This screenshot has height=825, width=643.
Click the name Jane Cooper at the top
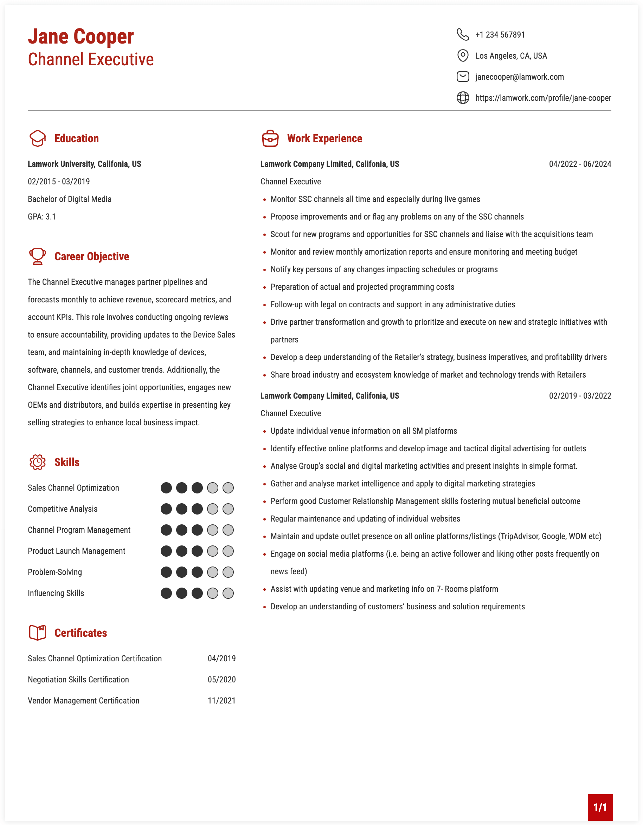pyautogui.click(x=81, y=37)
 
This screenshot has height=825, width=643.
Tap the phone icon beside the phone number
pyautogui.click(x=463, y=34)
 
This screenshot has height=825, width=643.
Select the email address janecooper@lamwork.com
pyautogui.click(x=519, y=77)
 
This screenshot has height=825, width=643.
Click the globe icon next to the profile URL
pyautogui.click(x=463, y=98)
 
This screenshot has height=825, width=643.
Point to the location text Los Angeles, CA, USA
pyautogui.click(x=511, y=56)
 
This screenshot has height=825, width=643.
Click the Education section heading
pyautogui.click(x=76, y=139)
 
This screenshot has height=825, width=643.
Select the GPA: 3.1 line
pyautogui.click(x=41, y=217)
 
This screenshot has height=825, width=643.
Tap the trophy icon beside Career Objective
pyautogui.click(x=37, y=256)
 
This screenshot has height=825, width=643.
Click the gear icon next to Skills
pyautogui.click(x=37, y=462)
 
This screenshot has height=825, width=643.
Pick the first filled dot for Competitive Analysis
pyautogui.click(x=166, y=509)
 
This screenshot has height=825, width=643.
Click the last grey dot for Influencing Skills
pyautogui.click(x=228, y=593)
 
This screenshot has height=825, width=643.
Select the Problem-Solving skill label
pyautogui.click(x=55, y=572)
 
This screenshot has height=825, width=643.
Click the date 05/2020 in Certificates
pyautogui.click(x=221, y=680)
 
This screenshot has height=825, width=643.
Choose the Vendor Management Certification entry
pyautogui.click(x=84, y=701)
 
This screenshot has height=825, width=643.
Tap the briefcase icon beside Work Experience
pyautogui.click(x=270, y=139)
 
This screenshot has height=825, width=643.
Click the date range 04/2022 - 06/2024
pyautogui.click(x=580, y=164)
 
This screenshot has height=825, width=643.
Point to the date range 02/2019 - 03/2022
pyautogui.click(x=580, y=396)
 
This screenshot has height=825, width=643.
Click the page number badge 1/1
pyautogui.click(x=600, y=807)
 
